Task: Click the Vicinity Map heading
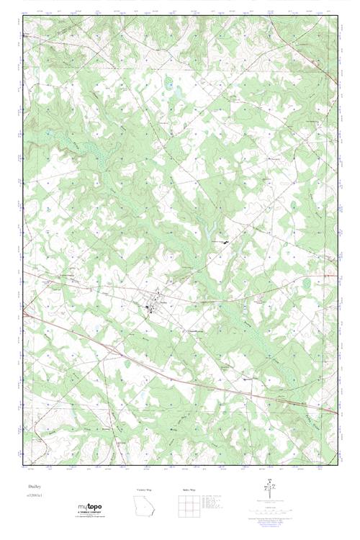[145, 490]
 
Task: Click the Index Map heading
[189, 490]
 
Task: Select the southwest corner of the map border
[24, 464]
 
